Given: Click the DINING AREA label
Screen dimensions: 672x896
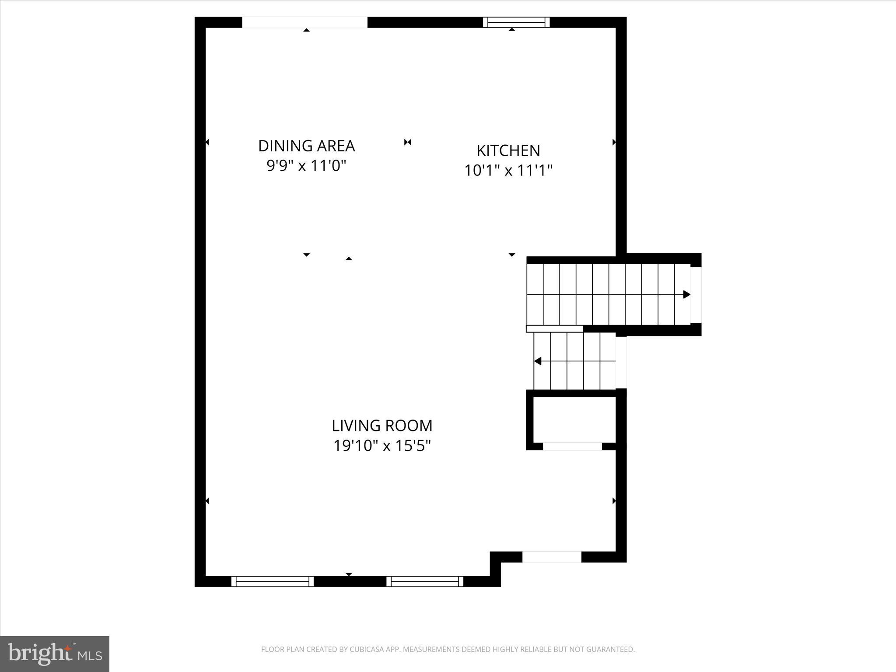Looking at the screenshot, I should [306, 146].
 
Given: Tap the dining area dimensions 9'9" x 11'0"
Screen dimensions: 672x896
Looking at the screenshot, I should [306, 166].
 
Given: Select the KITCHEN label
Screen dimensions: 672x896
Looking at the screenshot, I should [508, 150].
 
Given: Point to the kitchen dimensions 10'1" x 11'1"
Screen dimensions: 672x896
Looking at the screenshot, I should [508, 170].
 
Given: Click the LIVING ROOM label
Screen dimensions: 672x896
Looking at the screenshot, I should [382, 425].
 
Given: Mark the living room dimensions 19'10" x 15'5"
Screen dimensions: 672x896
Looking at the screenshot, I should [382, 446].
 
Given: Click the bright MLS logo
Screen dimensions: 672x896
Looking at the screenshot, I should [55, 654].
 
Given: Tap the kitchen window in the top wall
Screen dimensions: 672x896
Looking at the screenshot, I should [516, 22].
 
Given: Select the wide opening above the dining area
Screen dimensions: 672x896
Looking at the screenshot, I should [305, 22].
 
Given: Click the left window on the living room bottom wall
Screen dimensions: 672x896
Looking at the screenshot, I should [273, 581].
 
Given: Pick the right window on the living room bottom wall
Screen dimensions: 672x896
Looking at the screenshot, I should [425, 581].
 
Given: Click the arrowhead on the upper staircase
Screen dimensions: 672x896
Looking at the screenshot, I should [686, 294].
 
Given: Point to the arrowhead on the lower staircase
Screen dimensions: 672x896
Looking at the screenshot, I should [538, 361].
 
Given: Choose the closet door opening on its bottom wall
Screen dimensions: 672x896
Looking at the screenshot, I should [572, 446].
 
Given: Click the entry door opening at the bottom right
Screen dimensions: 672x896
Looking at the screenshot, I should [552, 557].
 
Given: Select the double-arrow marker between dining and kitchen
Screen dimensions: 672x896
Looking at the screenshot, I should [408, 142].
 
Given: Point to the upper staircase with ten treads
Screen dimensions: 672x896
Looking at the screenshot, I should [608, 294].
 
